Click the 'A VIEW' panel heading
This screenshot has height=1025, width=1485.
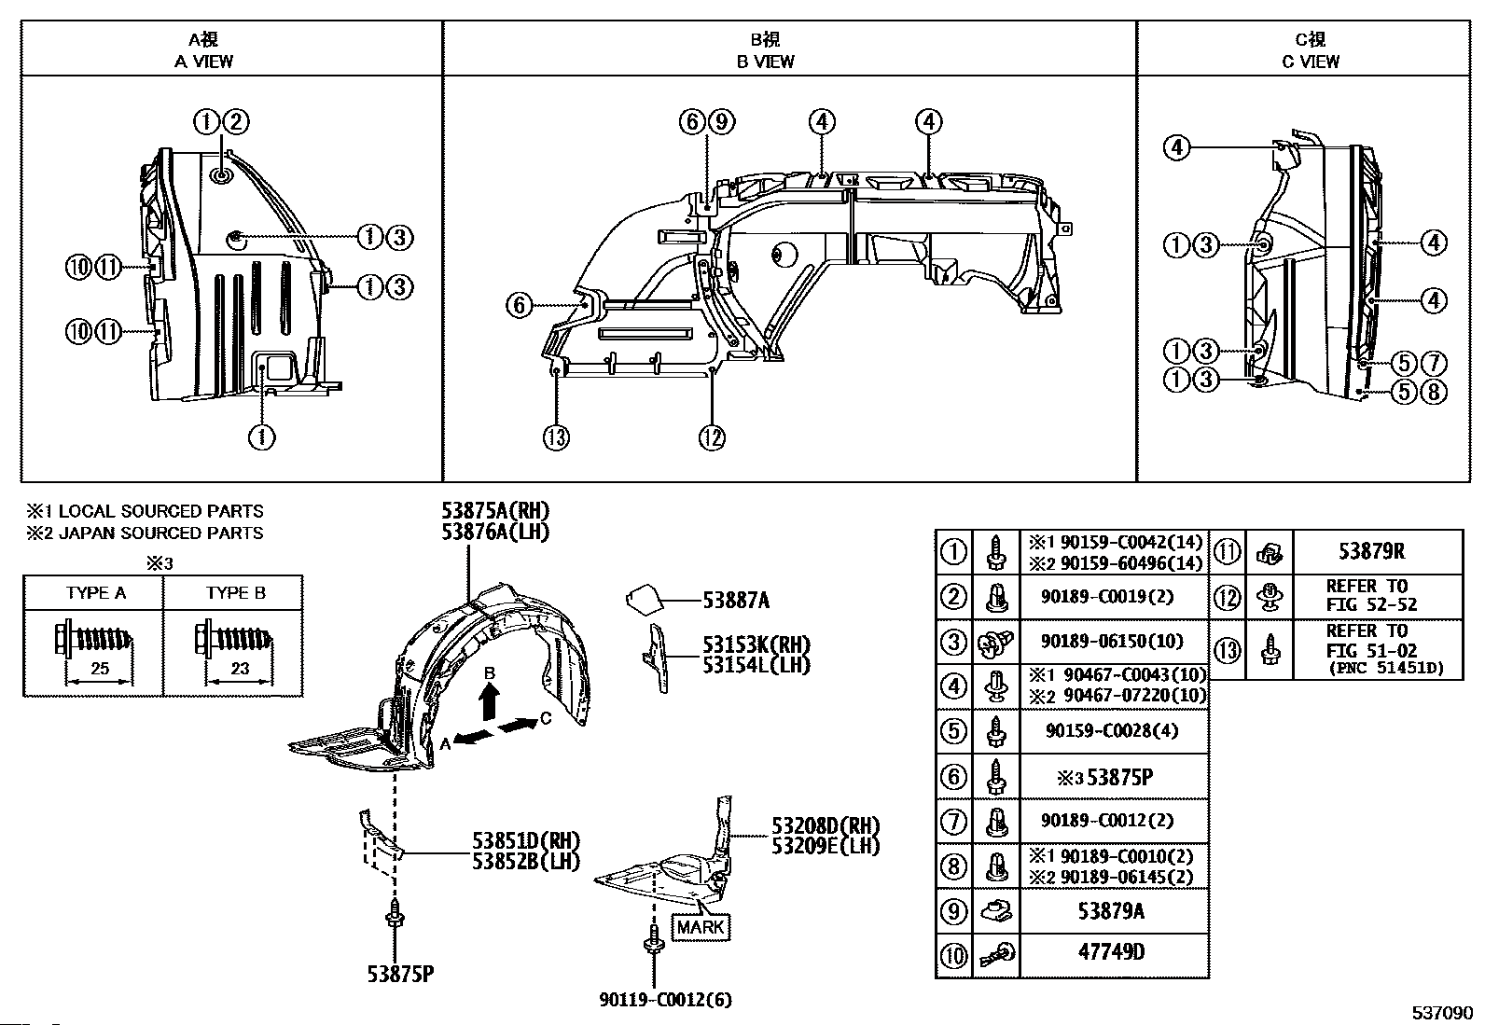[x=203, y=62]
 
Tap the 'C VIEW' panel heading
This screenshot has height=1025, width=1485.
[x=1310, y=62]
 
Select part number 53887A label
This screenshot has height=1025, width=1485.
[x=736, y=601]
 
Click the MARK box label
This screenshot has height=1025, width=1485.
[x=701, y=927]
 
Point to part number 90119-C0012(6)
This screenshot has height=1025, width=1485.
[x=666, y=999]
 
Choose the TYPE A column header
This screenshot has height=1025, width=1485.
[x=95, y=593]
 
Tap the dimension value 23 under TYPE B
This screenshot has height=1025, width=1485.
[x=240, y=669]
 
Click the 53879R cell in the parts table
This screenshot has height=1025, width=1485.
[x=1371, y=551]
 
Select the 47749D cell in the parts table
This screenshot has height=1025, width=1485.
[x=1111, y=952]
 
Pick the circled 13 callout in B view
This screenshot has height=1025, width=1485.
[x=556, y=437]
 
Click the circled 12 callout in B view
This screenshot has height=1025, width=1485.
[x=712, y=437]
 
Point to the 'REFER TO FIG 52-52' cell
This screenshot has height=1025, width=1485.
[x=1371, y=595]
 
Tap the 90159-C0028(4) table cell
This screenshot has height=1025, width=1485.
[x=1112, y=730]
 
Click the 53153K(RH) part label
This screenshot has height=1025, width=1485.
[x=756, y=644]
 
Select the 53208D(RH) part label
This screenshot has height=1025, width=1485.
[x=826, y=826]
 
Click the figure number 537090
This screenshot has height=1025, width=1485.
[x=1442, y=1013]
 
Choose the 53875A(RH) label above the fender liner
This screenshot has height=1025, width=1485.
[x=496, y=510]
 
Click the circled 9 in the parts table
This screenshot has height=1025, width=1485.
[x=953, y=911]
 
